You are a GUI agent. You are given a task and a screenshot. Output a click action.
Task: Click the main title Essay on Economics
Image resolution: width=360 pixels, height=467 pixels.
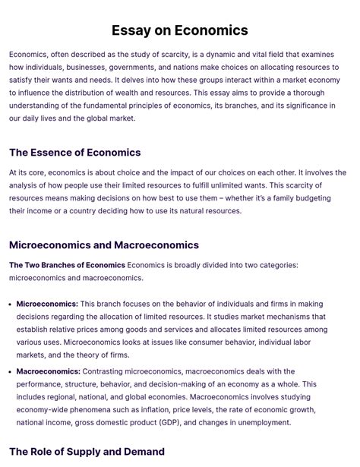tap(180, 30)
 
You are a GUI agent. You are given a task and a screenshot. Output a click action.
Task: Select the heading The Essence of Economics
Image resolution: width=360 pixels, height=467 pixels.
tap(75, 153)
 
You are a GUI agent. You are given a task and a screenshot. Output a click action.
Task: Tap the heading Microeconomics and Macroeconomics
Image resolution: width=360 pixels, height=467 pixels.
tap(104, 245)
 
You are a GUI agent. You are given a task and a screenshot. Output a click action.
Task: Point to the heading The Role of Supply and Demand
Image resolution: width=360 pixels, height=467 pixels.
tap(87, 453)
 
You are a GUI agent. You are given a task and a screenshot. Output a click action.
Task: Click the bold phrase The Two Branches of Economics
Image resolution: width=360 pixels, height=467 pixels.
tap(67, 265)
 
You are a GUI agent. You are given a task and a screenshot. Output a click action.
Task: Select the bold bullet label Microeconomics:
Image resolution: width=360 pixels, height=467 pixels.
tap(47, 304)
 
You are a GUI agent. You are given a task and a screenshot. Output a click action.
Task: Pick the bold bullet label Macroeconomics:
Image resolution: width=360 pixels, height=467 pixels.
tap(48, 371)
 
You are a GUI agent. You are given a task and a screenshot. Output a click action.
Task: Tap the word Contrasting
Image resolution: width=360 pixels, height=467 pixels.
tap(106, 371)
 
